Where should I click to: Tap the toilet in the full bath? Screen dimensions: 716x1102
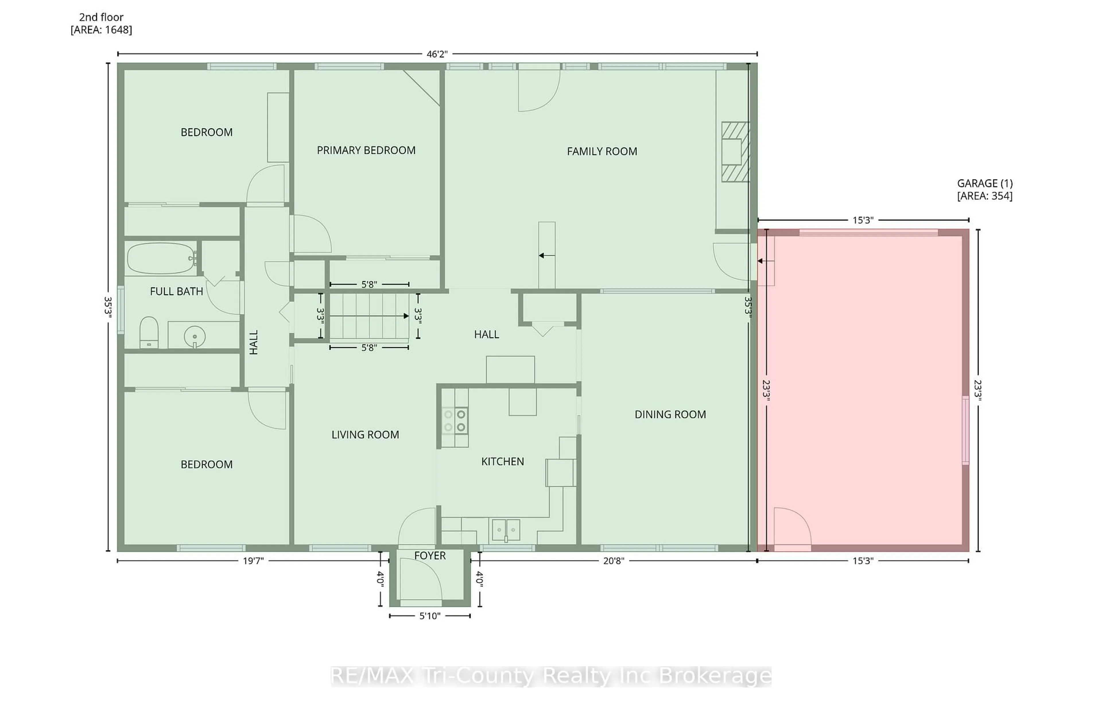[149, 332]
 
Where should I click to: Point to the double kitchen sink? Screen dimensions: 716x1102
[506, 529]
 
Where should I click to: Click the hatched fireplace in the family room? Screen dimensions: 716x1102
[735, 152]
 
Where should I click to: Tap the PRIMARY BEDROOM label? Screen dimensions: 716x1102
[366, 150]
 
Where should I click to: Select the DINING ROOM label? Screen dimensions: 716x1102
[670, 415]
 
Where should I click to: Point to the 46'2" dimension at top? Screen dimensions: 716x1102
[436, 54]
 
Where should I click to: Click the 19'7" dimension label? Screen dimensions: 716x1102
[253, 561]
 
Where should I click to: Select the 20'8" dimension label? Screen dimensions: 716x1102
[614, 561]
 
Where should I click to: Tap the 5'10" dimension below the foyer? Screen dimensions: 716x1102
[430, 616]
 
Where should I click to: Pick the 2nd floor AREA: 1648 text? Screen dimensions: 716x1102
[101, 24]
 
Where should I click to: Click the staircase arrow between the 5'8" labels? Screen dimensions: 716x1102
[369, 316]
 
